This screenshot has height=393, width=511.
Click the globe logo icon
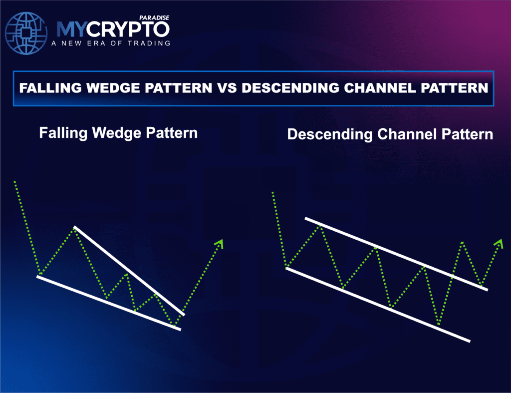click(26, 33)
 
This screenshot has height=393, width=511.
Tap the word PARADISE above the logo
click(154, 18)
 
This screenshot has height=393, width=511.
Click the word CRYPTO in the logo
click(128, 29)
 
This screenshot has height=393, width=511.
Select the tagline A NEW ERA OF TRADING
click(111, 43)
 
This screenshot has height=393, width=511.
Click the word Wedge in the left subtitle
click(117, 133)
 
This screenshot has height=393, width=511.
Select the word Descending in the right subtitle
click(330, 134)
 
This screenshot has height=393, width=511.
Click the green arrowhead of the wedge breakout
click(220, 244)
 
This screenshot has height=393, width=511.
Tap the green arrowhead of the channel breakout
click(499, 243)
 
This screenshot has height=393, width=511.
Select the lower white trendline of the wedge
click(108, 303)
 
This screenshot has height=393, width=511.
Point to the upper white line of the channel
click(396, 253)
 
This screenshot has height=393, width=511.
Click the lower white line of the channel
click(378, 305)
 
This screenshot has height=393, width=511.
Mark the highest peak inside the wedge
click(75, 229)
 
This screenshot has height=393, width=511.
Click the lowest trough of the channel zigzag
click(439, 325)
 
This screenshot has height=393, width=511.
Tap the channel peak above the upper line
click(462, 242)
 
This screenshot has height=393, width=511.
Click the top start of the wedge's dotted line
click(14, 182)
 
